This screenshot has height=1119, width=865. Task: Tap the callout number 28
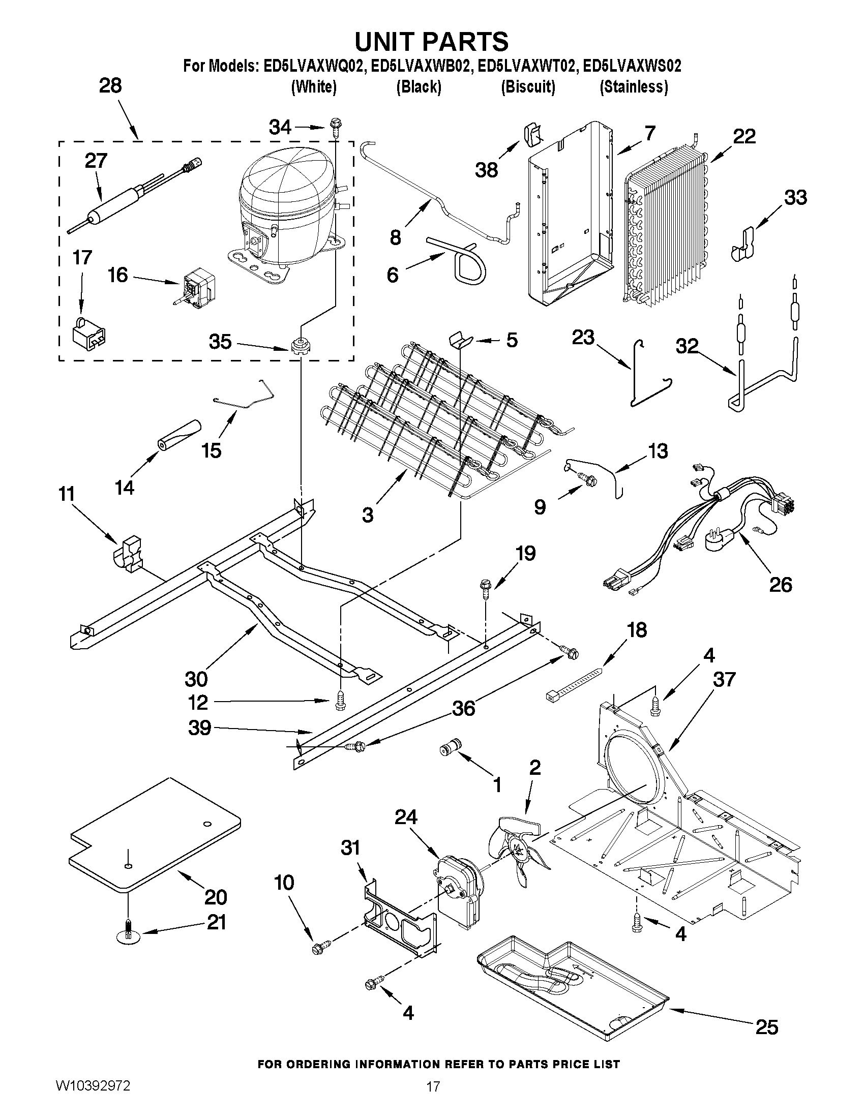coord(110,85)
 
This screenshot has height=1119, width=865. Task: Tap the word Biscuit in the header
coord(528,87)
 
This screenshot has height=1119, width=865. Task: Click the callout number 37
coord(724,679)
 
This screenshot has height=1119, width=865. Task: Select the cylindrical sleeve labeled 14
coord(179,435)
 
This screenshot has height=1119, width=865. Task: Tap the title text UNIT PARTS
coord(431,41)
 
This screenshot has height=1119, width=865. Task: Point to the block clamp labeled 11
coord(129,554)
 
